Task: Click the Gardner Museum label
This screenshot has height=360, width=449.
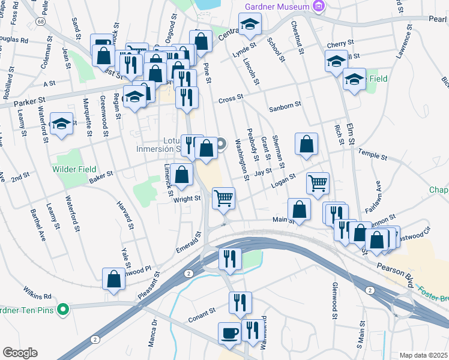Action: click(x=277, y=7)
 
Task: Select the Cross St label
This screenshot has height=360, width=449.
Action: click(x=231, y=98)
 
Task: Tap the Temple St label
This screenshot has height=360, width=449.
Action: click(x=373, y=155)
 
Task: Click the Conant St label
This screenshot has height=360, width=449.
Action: click(x=203, y=312)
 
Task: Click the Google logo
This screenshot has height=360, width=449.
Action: click(x=19, y=353)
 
